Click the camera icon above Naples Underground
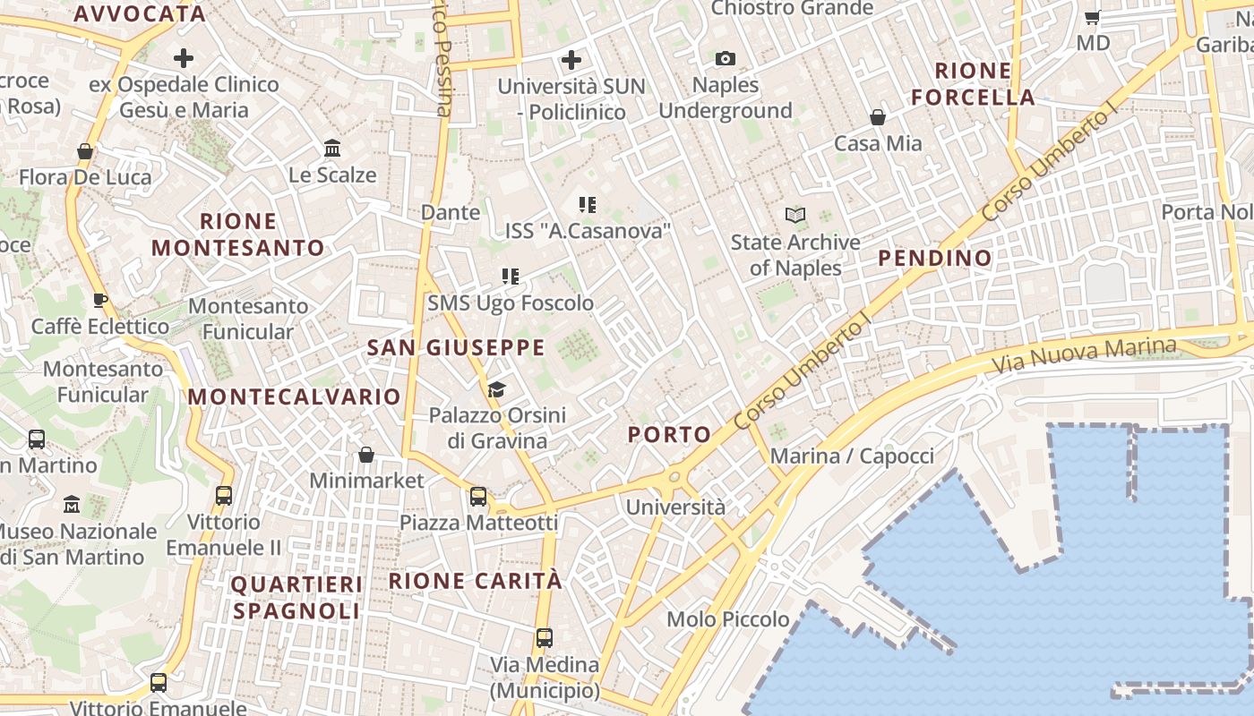click(x=726, y=59)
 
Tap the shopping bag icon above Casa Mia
click(x=878, y=117)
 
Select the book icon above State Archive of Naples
click(x=795, y=215)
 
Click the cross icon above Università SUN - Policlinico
click(x=571, y=60)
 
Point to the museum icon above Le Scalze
click(x=332, y=148)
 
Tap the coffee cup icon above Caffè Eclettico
click(x=100, y=300)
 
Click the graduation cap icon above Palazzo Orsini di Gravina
click(x=496, y=389)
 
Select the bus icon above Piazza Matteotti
click(x=478, y=497)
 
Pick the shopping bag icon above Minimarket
click(x=366, y=455)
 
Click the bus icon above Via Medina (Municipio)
click(x=545, y=638)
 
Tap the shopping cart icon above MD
click(x=1093, y=17)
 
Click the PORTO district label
click(x=670, y=435)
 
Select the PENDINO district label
click(x=935, y=259)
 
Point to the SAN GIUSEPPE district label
click(x=456, y=348)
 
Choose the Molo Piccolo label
click(x=728, y=619)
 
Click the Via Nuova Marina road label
click(x=1084, y=355)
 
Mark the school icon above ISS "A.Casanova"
click(x=588, y=205)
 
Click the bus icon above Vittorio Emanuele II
click(x=224, y=496)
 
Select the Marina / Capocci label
click(x=852, y=456)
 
